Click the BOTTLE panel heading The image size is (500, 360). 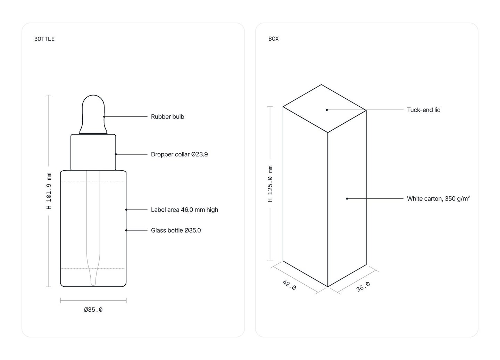tap(44, 39)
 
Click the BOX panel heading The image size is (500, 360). tap(274, 39)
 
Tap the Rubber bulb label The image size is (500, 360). tap(167, 117)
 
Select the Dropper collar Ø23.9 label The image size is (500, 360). tap(179, 154)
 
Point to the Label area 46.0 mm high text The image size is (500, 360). tap(185, 210)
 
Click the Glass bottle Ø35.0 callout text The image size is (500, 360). tap(176, 230)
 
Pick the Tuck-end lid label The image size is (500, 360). tap(424, 110)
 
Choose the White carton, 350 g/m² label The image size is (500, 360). tap(439, 198)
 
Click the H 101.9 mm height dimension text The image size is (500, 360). tap(49, 191)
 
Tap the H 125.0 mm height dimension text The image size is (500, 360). tap(270, 184)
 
